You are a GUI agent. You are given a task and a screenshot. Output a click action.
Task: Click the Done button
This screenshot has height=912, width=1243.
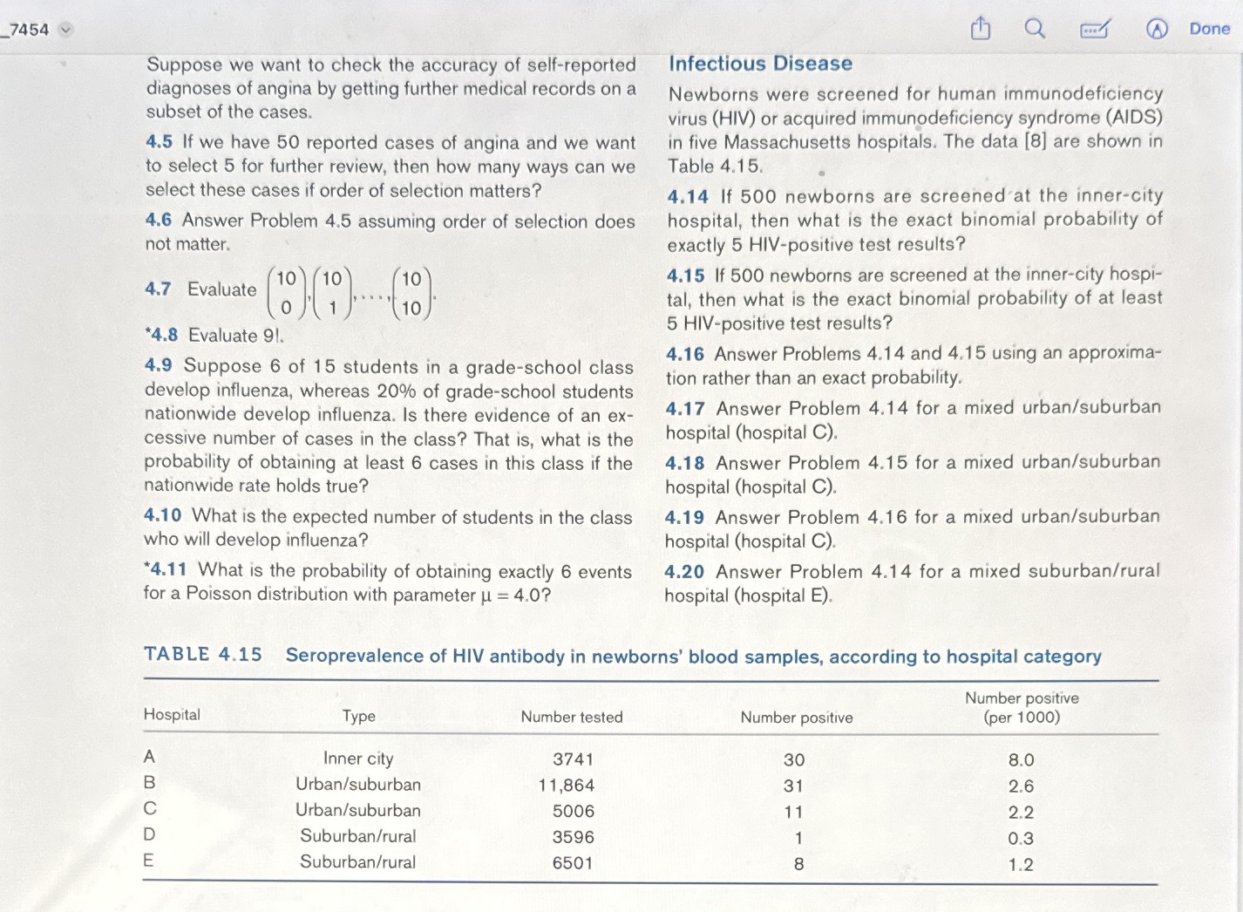point(1209,29)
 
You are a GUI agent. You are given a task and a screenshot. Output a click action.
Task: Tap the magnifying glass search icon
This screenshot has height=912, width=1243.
point(1034,29)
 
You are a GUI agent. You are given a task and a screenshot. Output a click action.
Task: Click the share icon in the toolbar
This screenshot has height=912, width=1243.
point(981,30)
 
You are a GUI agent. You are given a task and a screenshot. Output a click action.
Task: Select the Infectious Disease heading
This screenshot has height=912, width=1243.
point(760,64)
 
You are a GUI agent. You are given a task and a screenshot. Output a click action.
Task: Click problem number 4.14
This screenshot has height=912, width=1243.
point(688,197)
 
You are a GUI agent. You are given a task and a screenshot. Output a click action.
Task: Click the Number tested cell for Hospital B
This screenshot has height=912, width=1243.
point(567,786)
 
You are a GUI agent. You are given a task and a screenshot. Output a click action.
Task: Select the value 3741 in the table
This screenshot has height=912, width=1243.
point(573,759)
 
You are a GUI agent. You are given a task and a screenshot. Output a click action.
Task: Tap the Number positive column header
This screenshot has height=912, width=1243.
point(796,718)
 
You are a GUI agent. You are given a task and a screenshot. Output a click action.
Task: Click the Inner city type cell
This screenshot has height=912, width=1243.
point(357,759)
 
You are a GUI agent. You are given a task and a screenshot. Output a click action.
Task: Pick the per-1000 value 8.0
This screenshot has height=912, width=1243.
point(1021,760)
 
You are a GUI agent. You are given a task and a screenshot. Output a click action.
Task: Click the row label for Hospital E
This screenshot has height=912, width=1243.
point(148,861)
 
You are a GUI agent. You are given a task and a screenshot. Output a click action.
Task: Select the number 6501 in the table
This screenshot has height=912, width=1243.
point(573,863)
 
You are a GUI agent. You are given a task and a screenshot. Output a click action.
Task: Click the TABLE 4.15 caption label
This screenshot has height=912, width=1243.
point(202,655)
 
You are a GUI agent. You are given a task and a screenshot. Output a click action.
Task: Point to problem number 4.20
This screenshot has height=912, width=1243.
point(684,572)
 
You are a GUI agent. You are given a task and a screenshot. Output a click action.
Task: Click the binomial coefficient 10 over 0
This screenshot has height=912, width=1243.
point(286,293)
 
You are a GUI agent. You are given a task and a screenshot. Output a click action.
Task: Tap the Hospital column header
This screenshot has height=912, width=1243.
point(172,715)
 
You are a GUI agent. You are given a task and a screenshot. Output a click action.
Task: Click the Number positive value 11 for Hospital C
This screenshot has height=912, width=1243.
point(793,812)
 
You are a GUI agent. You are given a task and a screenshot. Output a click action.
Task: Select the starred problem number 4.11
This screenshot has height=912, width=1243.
point(166,569)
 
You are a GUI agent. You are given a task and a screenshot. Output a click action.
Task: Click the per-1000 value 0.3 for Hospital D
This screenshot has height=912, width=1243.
point(1020,839)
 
